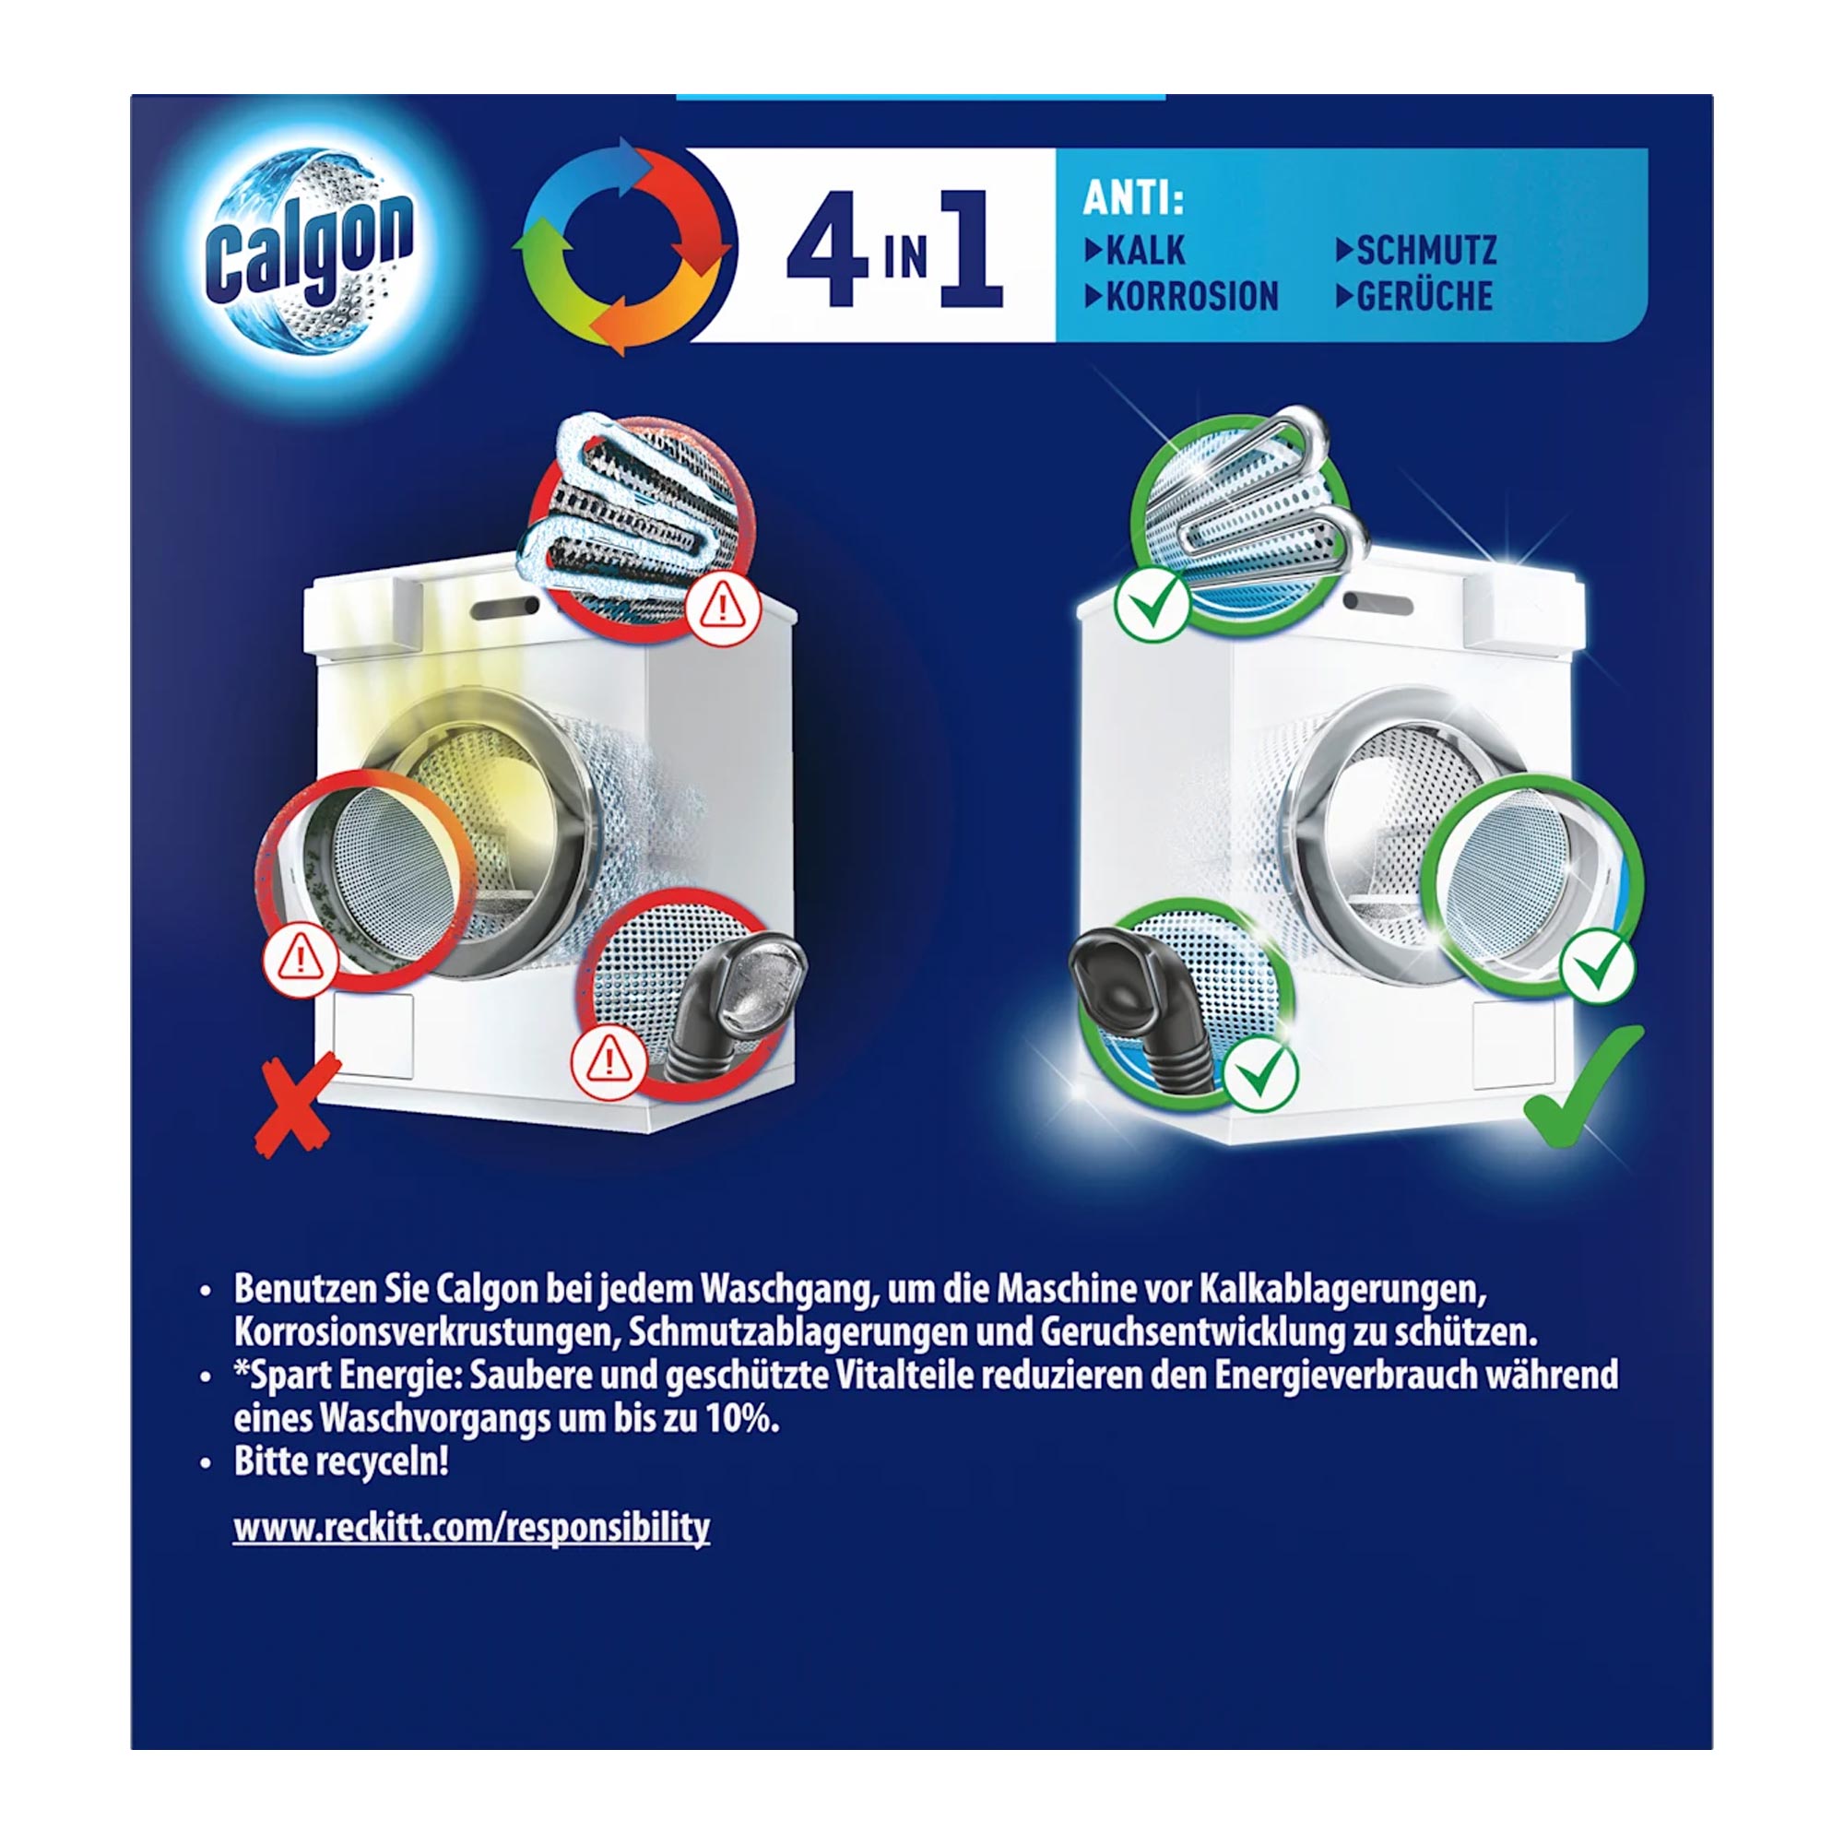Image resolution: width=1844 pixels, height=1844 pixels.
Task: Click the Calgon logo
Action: click(307, 251)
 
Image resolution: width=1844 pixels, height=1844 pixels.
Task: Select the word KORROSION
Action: click(1191, 297)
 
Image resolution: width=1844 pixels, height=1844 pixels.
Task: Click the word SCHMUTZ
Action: click(1426, 251)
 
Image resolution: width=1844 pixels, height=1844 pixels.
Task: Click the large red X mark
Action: click(295, 1104)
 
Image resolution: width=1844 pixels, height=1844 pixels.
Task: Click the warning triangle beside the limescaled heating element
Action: click(723, 608)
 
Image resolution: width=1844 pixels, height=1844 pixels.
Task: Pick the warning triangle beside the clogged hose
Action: click(608, 1060)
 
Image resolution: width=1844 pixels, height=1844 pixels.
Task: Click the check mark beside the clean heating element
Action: click(1151, 604)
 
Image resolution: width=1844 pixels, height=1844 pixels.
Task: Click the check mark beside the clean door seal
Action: click(1597, 966)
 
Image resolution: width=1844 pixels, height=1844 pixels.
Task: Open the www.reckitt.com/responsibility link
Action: click(471, 1527)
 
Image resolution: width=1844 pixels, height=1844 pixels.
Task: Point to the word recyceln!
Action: click(395, 1462)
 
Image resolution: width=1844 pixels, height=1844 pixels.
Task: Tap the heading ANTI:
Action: click(1132, 199)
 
